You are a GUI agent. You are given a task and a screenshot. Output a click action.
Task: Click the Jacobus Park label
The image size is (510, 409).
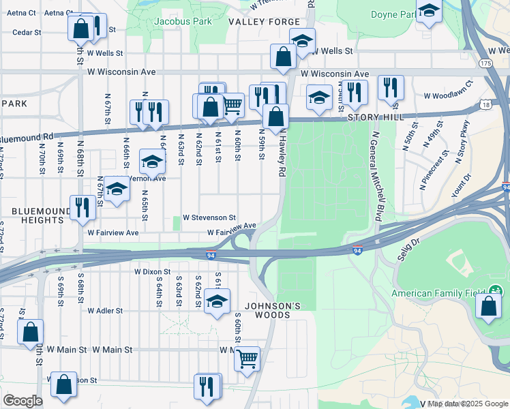182,21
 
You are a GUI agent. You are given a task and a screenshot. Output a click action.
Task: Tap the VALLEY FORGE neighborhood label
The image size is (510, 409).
264,22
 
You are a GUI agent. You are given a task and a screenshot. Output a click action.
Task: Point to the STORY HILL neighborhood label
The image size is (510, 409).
372,117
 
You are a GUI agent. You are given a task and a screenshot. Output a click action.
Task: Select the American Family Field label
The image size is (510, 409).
439,294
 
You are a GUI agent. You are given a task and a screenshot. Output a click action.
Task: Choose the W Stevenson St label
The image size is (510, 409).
205,218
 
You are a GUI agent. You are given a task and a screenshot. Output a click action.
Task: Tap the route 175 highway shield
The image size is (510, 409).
485,63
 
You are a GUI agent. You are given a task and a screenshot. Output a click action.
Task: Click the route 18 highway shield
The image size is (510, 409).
485,104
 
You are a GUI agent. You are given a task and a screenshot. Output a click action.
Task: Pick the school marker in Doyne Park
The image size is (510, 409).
429,11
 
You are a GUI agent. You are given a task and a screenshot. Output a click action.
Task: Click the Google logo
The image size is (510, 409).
22,401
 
